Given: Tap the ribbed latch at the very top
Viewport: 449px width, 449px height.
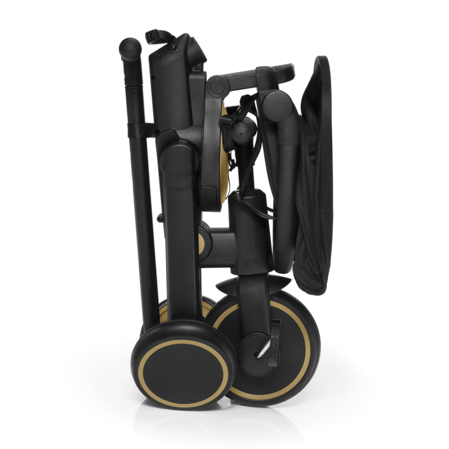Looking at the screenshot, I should [158, 36].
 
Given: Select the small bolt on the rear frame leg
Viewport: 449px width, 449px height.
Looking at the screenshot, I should [161, 218].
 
